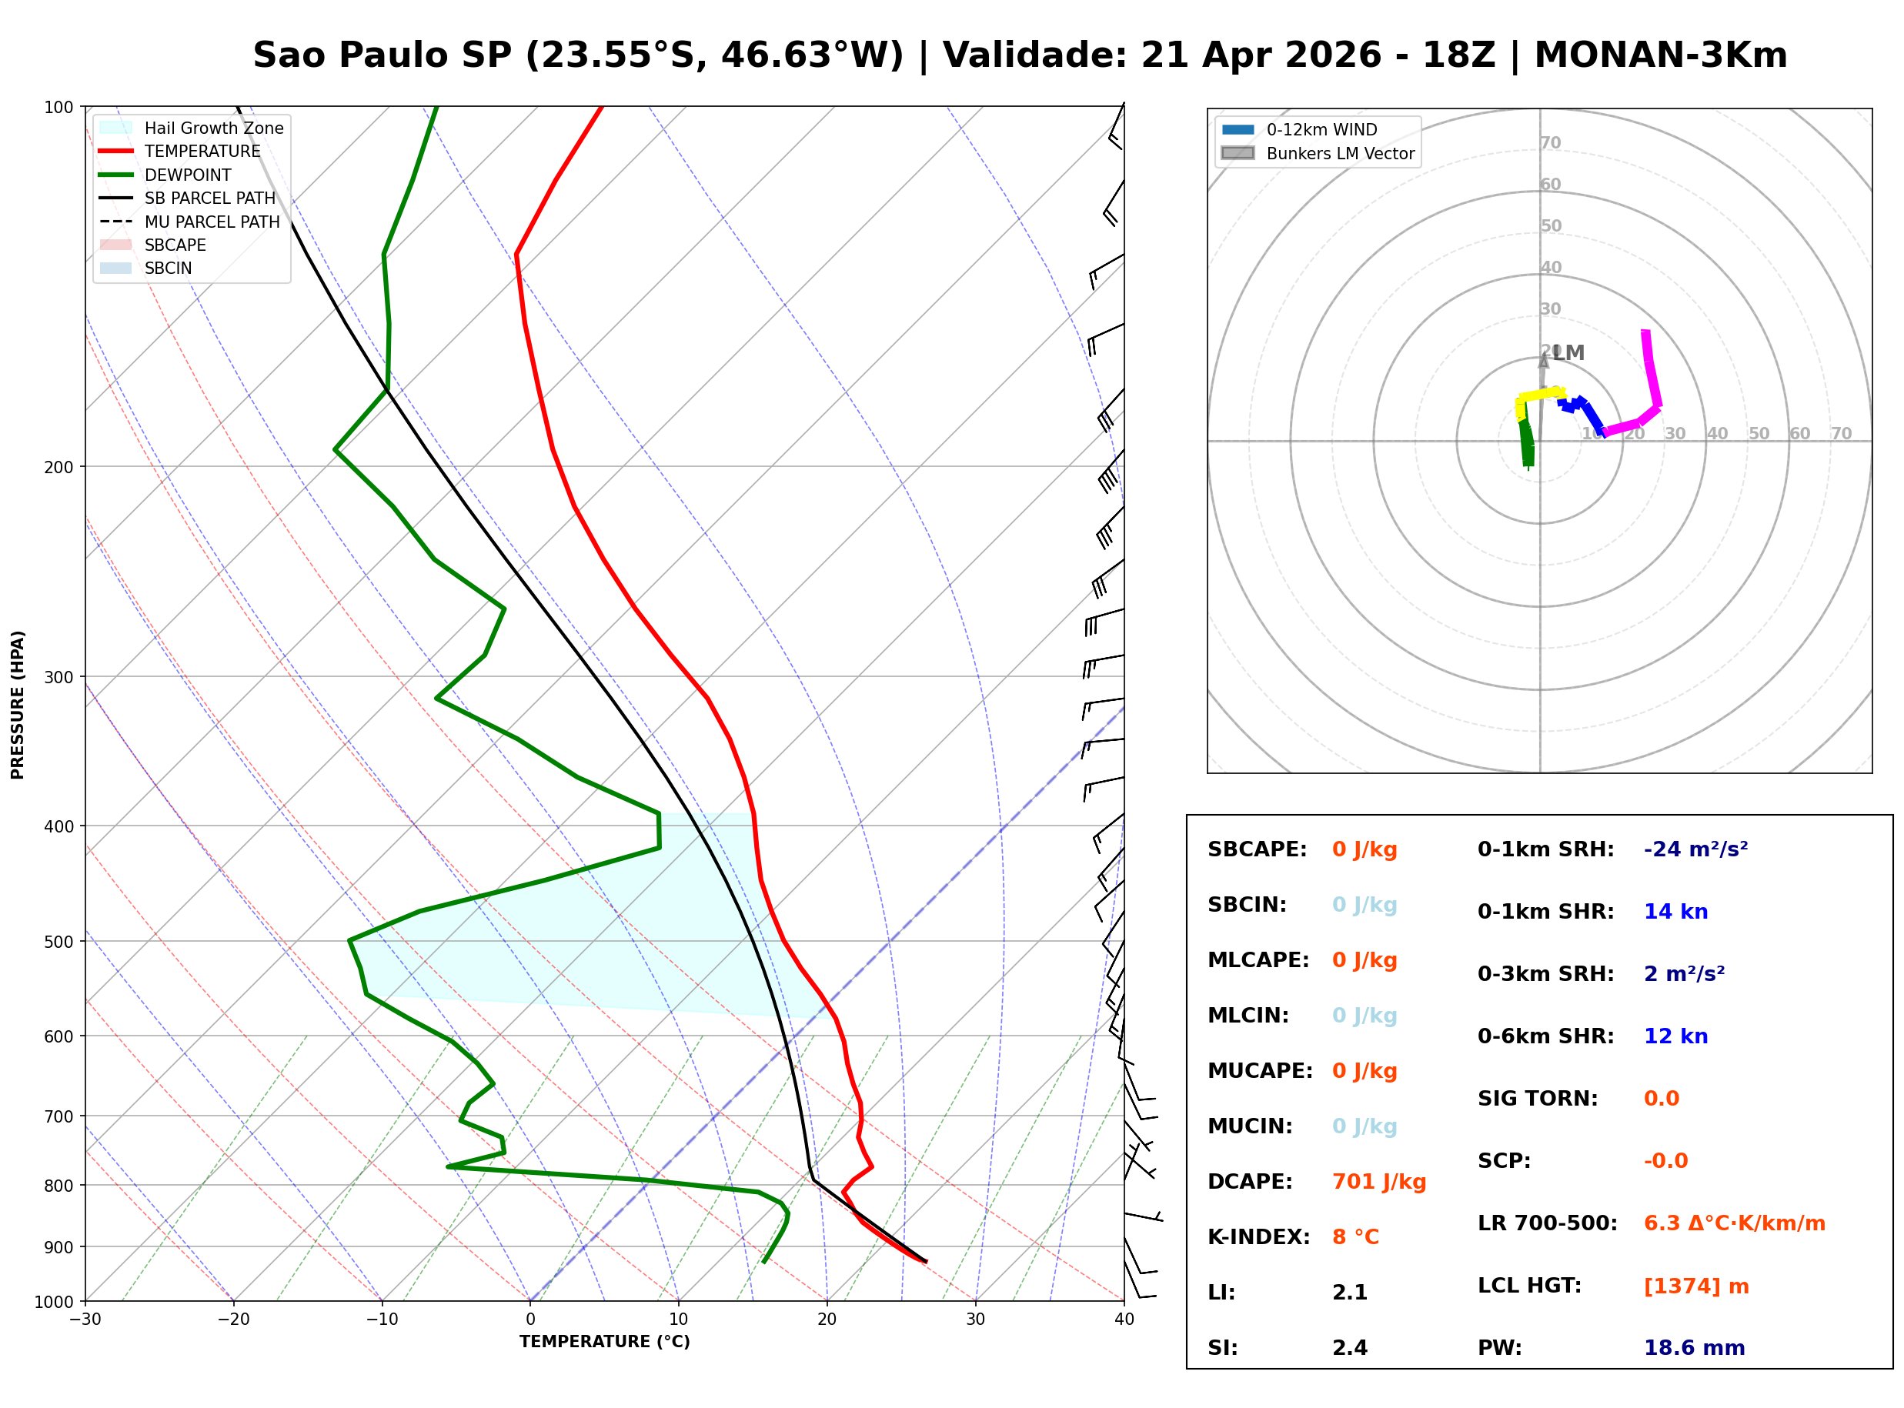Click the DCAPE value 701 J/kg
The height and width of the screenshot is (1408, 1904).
tap(1378, 1182)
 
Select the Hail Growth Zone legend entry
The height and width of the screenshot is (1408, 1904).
tap(213, 128)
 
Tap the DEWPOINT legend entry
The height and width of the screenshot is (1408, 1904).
tap(188, 175)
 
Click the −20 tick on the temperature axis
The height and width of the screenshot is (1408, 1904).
tap(233, 1320)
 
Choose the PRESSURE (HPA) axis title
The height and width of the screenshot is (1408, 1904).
tap(18, 705)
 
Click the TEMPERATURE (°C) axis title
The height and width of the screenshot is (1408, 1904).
tap(604, 1342)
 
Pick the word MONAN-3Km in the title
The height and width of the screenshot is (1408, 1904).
tap(1660, 55)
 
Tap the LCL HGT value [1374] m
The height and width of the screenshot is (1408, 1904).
tap(1696, 1286)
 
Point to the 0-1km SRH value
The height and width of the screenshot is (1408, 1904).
tap(1695, 849)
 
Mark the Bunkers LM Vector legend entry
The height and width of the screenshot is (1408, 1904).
tap(1340, 153)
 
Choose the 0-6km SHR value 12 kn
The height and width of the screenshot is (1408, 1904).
tap(1675, 1036)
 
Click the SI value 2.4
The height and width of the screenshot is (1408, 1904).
tap(1349, 1348)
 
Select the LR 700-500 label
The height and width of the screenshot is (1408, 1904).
tap(1547, 1224)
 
